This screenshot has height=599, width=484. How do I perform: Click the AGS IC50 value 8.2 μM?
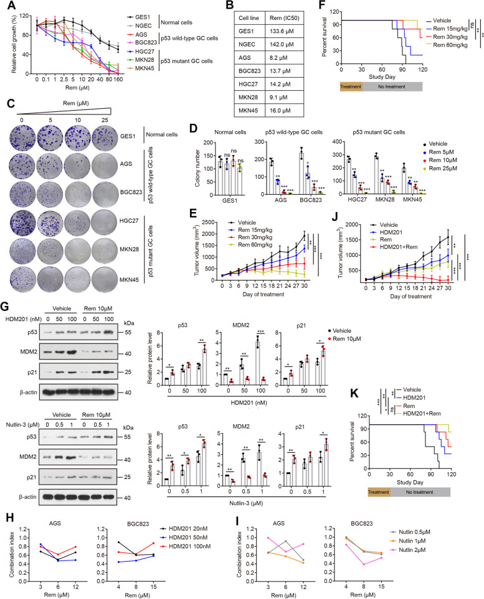click(x=278, y=58)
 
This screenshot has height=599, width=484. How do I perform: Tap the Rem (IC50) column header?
click(x=284, y=18)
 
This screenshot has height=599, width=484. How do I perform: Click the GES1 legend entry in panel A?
click(x=138, y=17)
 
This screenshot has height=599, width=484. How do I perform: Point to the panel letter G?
click(x=6, y=306)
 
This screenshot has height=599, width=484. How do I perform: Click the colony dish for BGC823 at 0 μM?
click(x=22, y=194)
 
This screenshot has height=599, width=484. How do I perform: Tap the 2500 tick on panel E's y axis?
click(x=208, y=222)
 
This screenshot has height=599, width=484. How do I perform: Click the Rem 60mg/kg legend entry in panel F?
click(x=447, y=45)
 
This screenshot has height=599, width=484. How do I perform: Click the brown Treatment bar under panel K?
click(x=379, y=492)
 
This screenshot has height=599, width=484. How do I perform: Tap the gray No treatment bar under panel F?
click(x=392, y=86)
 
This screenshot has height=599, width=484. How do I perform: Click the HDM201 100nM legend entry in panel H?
click(x=185, y=546)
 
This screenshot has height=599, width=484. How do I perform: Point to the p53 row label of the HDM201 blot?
click(x=32, y=332)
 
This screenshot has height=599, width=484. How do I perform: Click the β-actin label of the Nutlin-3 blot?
click(x=28, y=497)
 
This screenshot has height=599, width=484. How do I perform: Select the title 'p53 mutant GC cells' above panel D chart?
click(x=379, y=132)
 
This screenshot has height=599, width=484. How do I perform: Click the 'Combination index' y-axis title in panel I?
click(x=239, y=554)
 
